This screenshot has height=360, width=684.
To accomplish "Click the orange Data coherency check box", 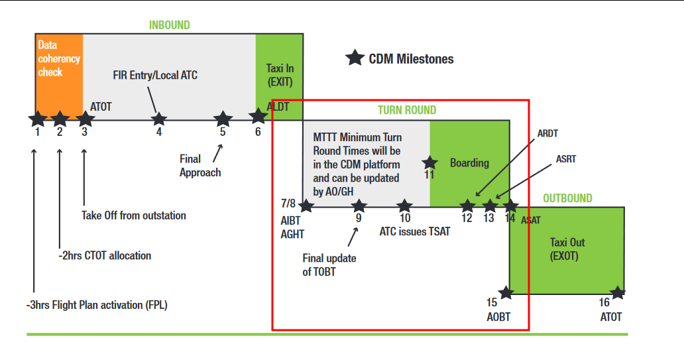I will pyautogui.click(x=59, y=76).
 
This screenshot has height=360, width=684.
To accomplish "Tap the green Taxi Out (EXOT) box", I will pyautogui.click(x=567, y=249).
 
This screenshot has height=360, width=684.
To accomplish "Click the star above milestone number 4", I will pyautogui.click(x=158, y=119).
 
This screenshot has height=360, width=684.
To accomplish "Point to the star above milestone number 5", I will pyautogui.click(x=223, y=119).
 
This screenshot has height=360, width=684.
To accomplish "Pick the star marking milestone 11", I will pyautogui.click(x=429, y=162).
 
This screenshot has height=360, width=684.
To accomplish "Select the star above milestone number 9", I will pyautogui.click(x=358, y=206).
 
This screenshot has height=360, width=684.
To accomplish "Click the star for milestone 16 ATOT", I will pyautogui.click(x=617, y=292).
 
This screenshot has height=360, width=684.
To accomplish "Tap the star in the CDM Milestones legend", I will pyautogui.click(x=355, y=58).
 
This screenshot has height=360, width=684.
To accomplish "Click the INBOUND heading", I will pyautogui.click(x=169, y=25).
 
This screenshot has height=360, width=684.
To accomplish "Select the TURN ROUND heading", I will pyautogui.click(x=407, y=110).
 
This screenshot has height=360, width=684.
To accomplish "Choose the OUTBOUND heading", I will pyautogui.click(x=567, y=198).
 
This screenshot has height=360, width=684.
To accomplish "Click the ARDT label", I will pyautogui.click(x=547, y=133).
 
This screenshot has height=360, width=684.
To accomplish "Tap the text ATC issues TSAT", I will pyautogui.click(x=414, y=232).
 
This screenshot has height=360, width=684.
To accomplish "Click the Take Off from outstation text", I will pyautogui.click(x=134, y=215).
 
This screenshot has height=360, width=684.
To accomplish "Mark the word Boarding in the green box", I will pyautogui.click(x=469, y=162).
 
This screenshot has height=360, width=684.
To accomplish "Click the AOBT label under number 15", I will pyautogui.click(x=498, y=316).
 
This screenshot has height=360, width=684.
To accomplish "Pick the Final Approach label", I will pyautogui.click(x=199, y=166).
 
